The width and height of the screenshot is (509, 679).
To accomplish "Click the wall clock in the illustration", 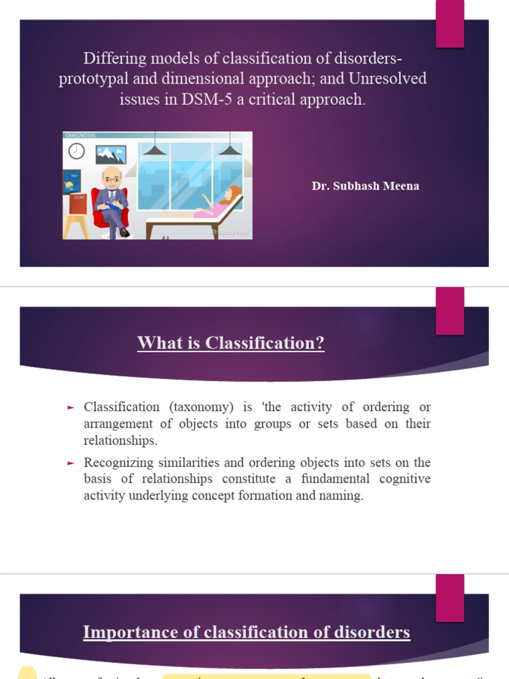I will click(x=77, y=151).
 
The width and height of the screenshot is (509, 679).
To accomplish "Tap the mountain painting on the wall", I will click(x=111, y=154).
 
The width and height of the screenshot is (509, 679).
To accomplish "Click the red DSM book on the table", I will click(x=79, y=203).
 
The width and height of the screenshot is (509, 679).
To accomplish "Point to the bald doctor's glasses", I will click(x=113, y=180).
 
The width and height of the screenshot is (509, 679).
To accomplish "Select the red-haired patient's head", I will click(x=233, y=193).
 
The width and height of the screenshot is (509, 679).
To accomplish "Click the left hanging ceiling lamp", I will click(x=154, y=150).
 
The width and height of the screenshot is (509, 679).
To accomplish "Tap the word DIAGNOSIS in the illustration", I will click(x=80, y=135).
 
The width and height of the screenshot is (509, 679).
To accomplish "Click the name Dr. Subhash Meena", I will click(x=365, y=186).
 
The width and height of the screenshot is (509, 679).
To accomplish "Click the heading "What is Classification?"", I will click(x=231, y=343).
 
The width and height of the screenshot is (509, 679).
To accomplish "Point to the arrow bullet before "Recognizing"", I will click(x=71, y=463).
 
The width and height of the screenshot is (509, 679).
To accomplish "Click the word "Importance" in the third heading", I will click(x=123, y=632).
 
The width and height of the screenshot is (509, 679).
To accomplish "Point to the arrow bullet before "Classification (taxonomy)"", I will click(x=71, y=407).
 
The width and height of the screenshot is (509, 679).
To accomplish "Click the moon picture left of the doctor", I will click(x=72, y=182).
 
